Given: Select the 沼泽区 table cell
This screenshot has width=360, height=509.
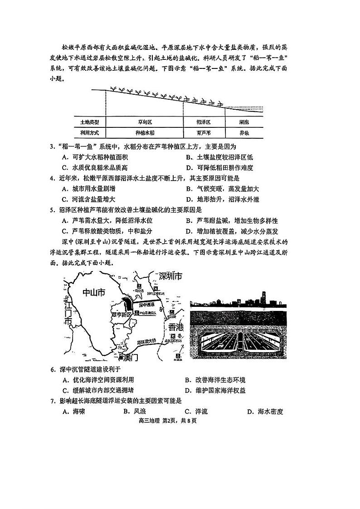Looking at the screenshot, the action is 204,122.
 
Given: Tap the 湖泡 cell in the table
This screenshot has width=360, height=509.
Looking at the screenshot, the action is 244,122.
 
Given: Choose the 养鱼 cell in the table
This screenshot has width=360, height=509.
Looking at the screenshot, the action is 244,133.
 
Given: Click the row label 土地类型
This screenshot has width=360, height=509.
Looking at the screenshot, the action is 89,122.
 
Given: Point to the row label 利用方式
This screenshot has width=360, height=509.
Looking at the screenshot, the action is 89,133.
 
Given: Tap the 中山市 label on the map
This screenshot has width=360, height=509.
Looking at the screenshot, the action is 94,293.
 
